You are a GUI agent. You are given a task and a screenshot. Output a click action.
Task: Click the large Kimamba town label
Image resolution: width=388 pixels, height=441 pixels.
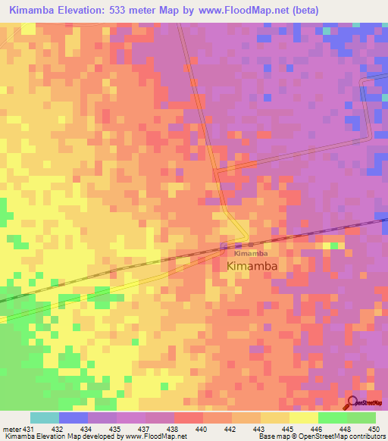252,266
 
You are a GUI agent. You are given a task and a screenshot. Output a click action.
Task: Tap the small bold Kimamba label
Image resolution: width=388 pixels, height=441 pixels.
250,254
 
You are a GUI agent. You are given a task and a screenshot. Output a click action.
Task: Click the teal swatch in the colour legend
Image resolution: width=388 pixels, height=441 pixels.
44,418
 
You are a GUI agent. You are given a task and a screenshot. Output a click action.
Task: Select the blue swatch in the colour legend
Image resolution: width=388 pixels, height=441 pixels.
73,418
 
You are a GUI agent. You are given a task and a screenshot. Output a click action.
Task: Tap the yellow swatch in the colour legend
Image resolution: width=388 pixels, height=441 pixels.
303,418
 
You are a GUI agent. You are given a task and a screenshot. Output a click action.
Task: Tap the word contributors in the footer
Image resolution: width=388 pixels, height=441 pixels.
365,437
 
